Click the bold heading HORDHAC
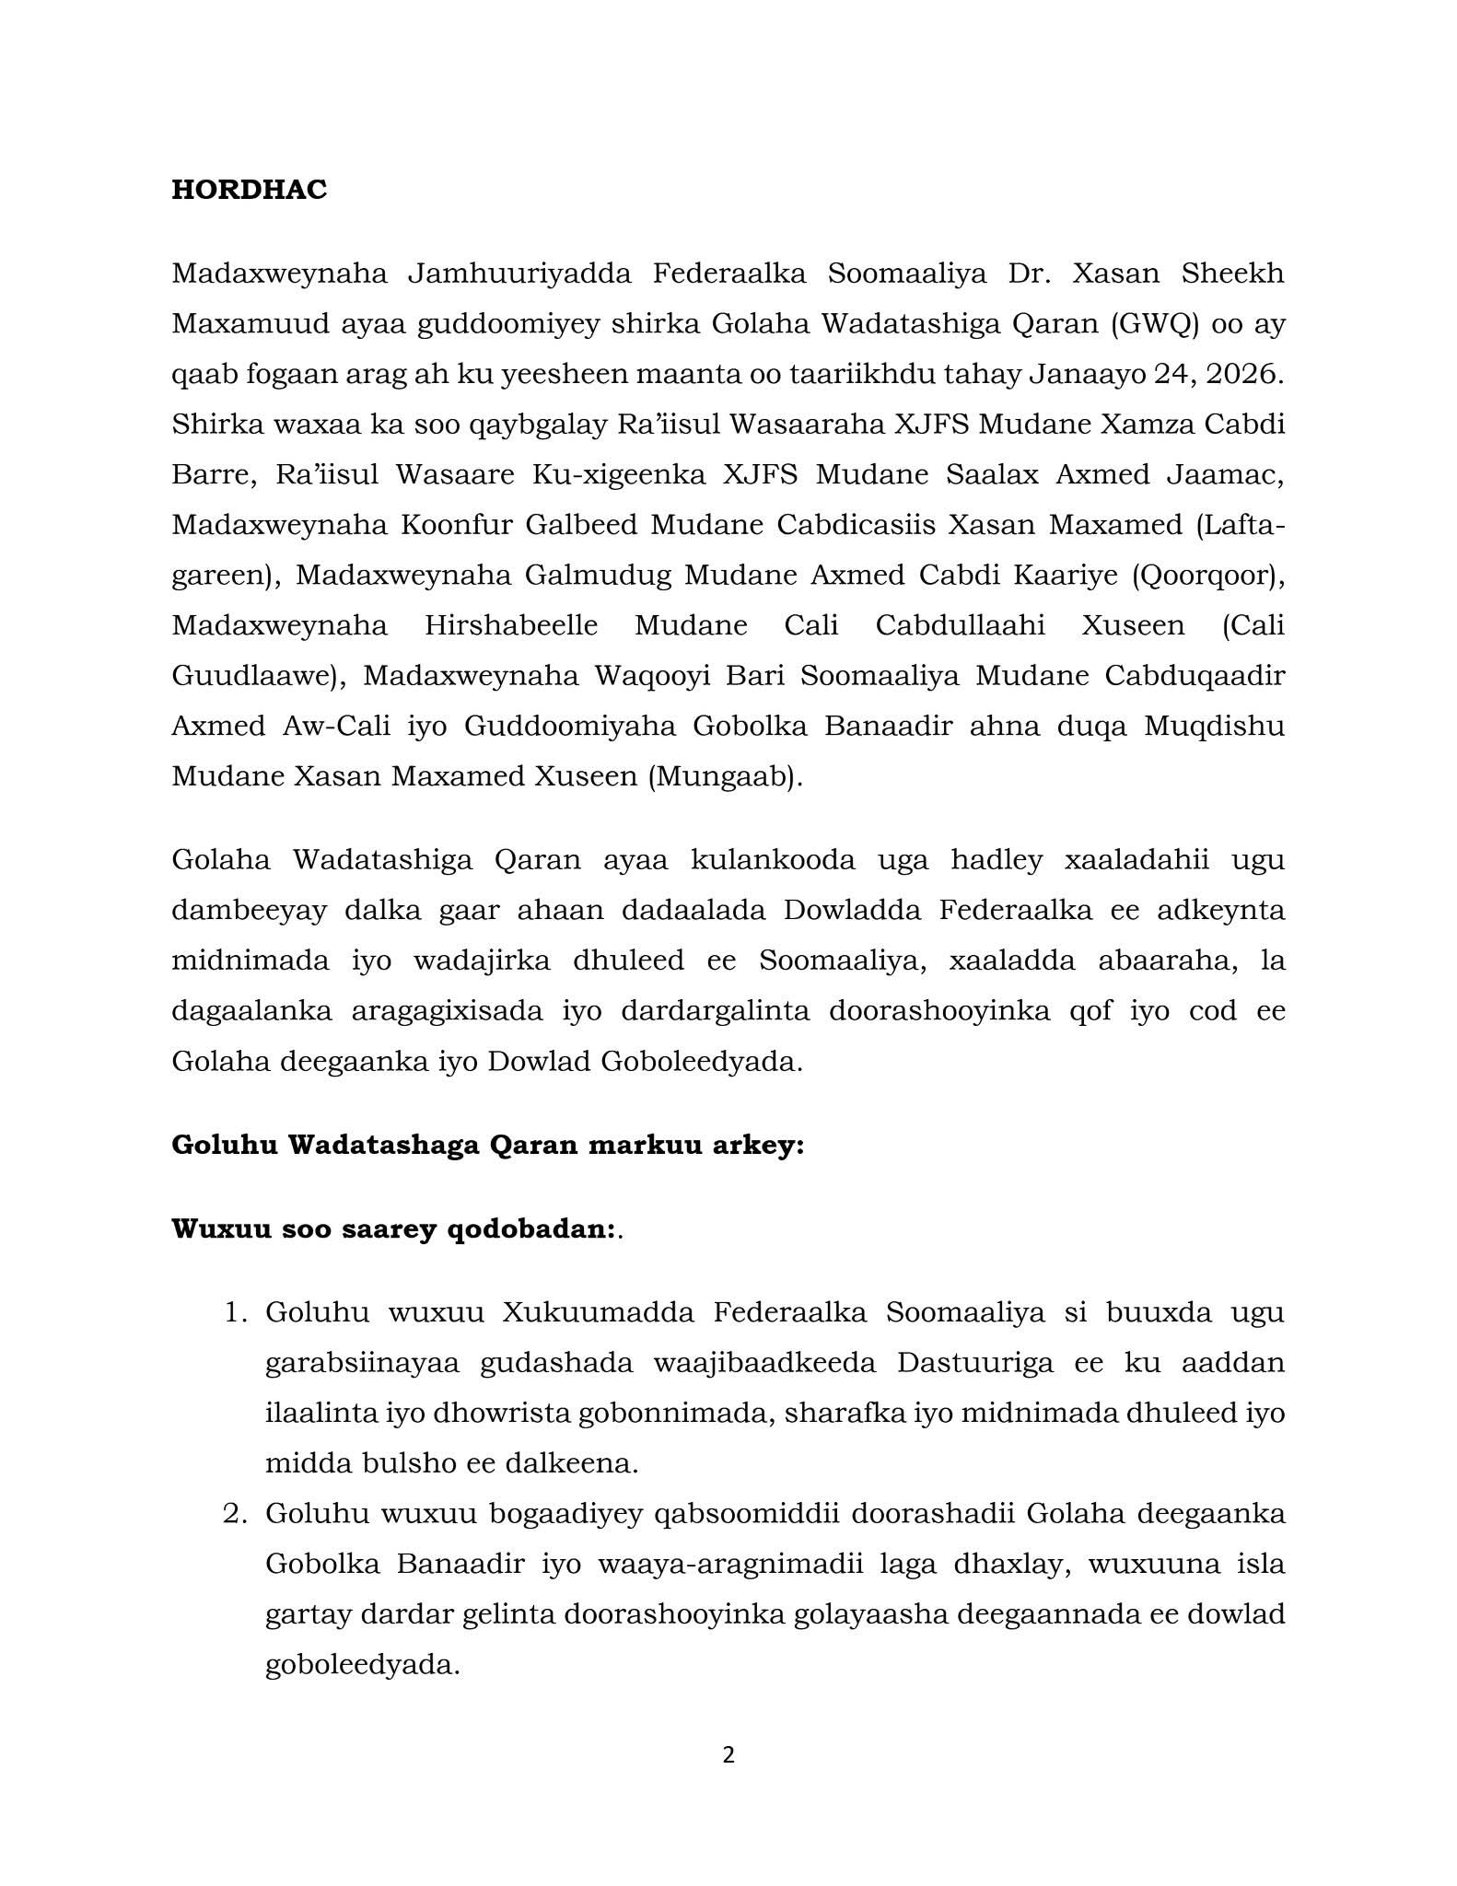[x=249, y=190]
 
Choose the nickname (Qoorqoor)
[x=1206, y=575]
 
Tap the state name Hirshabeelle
[x=511, y=625]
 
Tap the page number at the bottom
[x=728, y=1755]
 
